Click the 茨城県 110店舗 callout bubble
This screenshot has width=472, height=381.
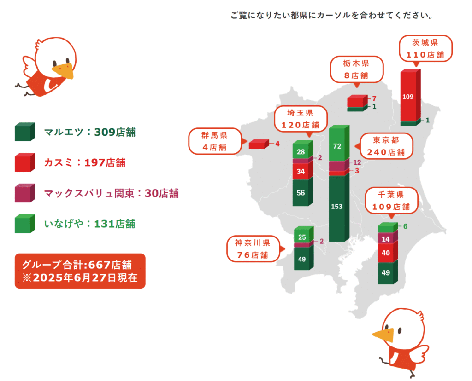click(425, 49)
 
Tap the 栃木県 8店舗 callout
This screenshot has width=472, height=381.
click(357, 69)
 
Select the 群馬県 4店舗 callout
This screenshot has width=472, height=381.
click(215, 141)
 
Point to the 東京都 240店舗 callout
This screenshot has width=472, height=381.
click(386, 146)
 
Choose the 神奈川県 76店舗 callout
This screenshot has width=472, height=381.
click(253, 249)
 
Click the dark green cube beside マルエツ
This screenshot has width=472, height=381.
click(25, 132)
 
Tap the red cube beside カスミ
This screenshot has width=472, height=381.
click(25, 162)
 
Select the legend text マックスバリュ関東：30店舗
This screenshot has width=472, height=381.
click(112, 193)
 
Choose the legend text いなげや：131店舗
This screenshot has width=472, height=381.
click(90, 224)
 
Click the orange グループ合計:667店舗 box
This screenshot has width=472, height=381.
click(80, 271)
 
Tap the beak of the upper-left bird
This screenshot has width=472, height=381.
click(64, 71)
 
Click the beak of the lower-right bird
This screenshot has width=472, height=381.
click(384, 335)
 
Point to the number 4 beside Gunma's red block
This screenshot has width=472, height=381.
click(277, 144)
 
